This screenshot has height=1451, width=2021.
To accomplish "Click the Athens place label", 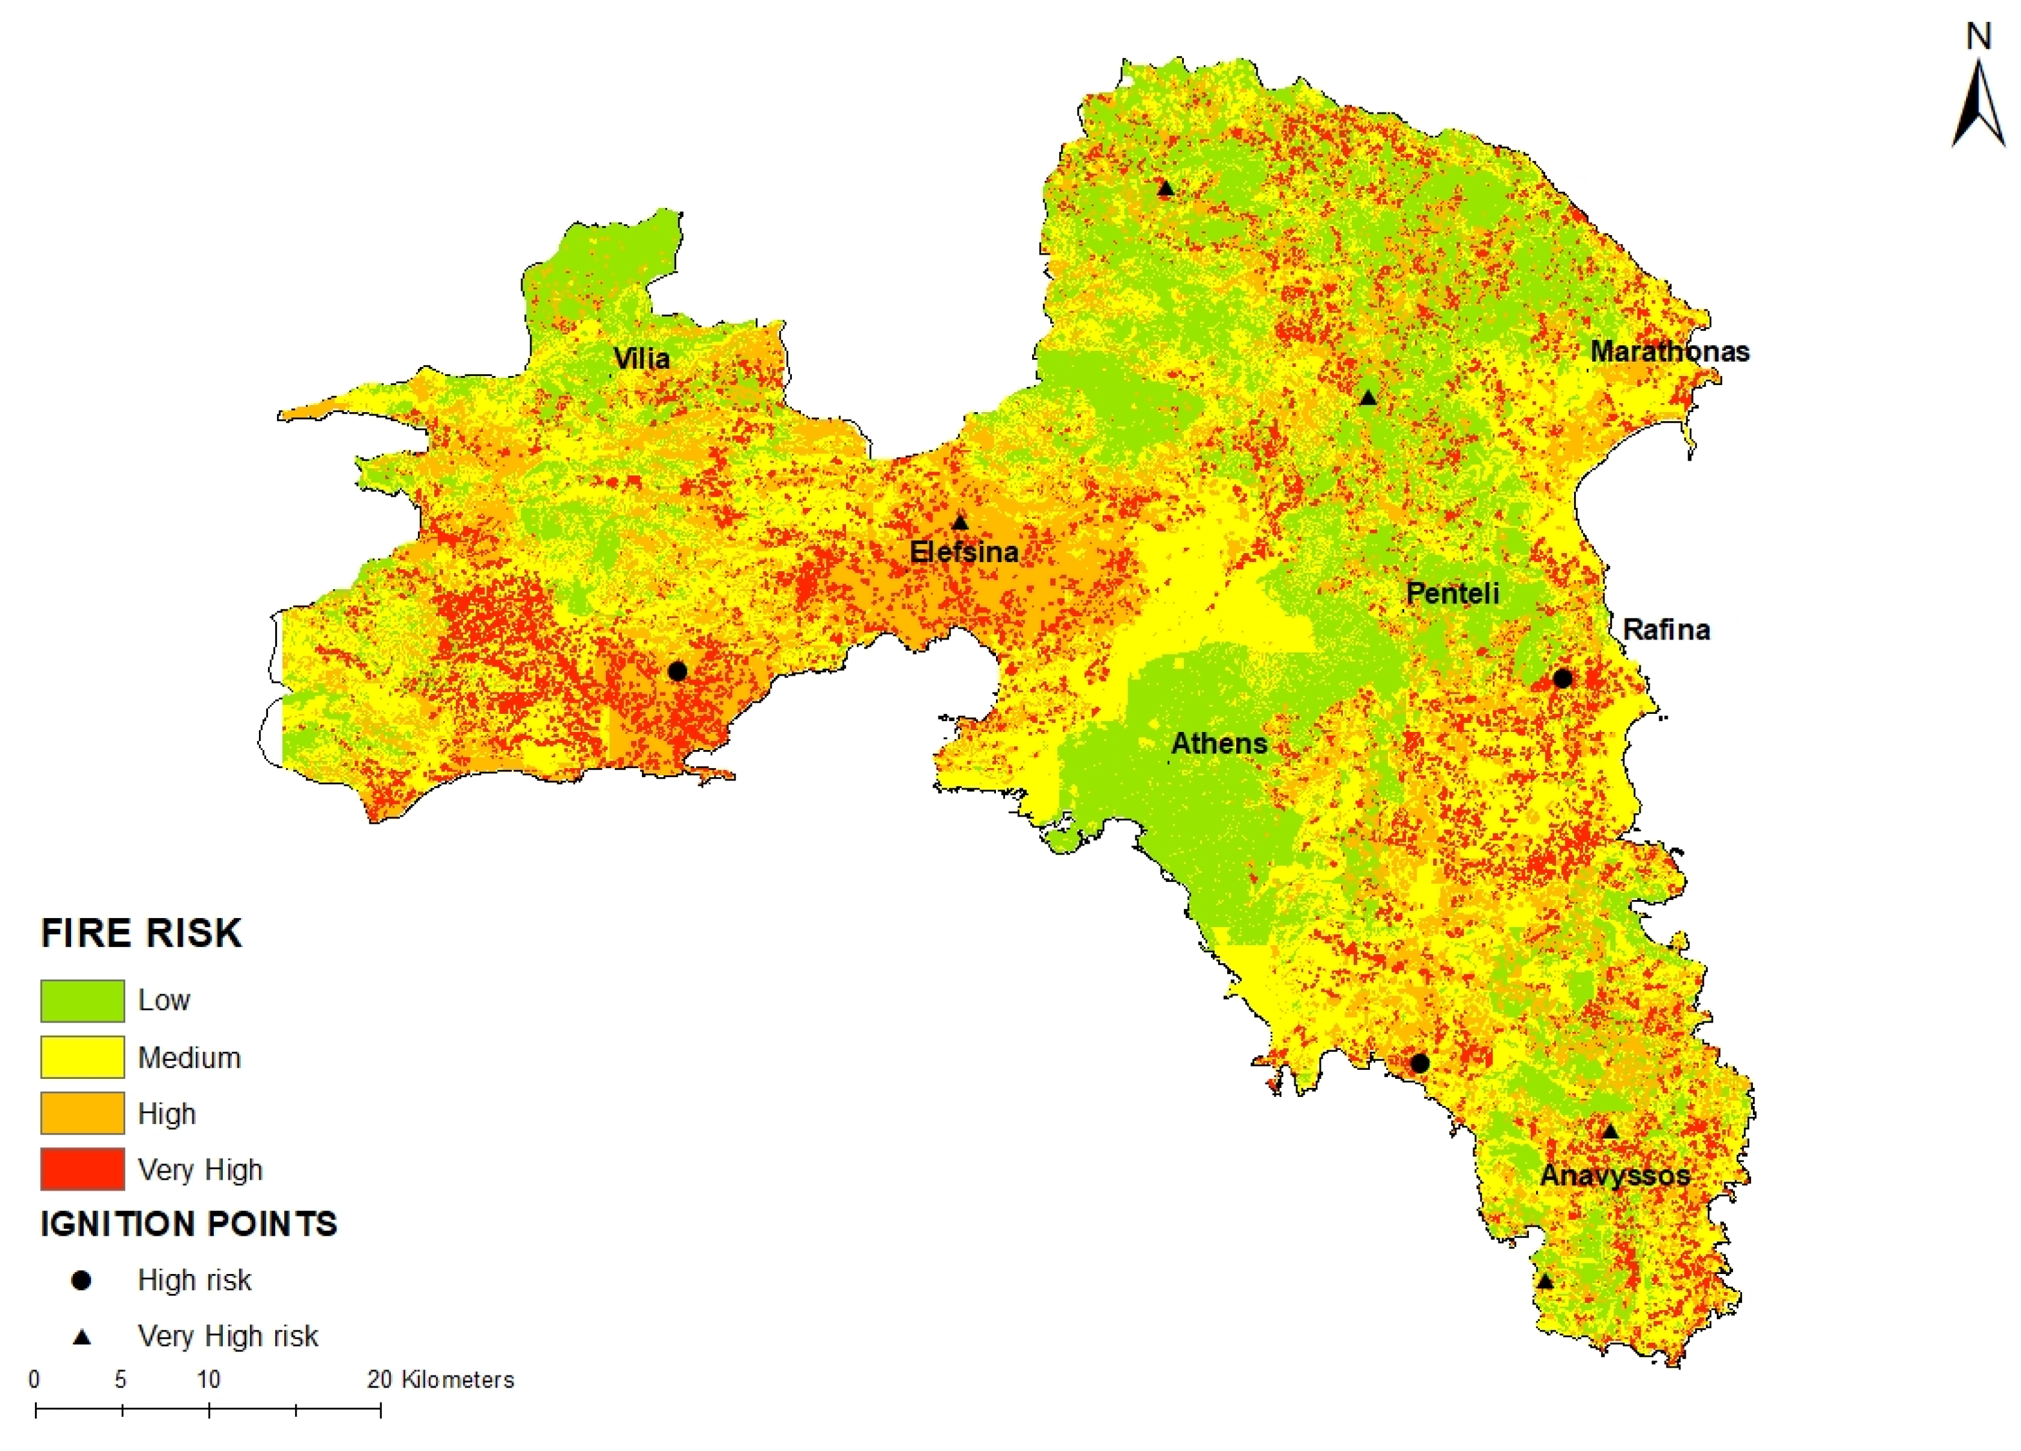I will click(x=1218, y=744).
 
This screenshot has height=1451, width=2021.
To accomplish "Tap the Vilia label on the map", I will click(x=641, y=359).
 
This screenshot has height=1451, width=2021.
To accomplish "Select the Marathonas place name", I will click(x=1669, y=351).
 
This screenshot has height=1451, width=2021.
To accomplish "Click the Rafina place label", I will click(x=1666, y=630).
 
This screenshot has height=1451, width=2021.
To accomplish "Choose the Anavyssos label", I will click(x=1615, y=1174).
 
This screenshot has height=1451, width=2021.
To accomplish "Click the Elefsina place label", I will click(x=963, y=552).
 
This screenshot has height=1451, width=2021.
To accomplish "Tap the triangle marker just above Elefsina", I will click(x=960, y=522).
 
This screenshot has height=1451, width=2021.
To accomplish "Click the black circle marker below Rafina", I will click(x=1561, y=678).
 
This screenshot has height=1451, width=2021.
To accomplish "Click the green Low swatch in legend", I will click(x=82, y=1000).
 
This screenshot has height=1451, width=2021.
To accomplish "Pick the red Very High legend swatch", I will click(x=82, y=1169).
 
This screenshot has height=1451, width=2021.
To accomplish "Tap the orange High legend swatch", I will click(x=82, y=1113).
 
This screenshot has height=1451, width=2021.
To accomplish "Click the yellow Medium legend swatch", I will click(x=82, y=1057).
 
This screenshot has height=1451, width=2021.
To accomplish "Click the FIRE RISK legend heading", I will click(x=141, y=933).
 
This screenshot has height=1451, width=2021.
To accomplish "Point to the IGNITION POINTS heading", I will click(x=189, y=1224).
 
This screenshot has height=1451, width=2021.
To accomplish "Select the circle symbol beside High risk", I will click(x=81, y=1280).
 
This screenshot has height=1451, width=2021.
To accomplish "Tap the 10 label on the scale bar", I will click(x=209, y=1380).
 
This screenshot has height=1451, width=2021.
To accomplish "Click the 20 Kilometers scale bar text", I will click(x=440, y=1380).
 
